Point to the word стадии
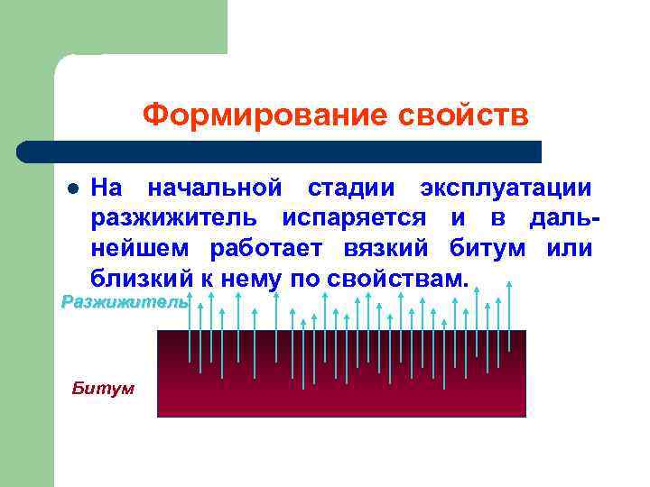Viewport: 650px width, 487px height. [x=349, y=188]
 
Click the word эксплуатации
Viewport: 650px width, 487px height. [x=506, y=188]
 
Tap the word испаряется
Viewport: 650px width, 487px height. [x=353, y=218]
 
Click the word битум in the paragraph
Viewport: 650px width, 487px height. [x=487, y=248]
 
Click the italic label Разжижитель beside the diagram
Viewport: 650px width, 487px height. [x=125, y=302]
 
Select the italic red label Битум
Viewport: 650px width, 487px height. [x=103, y=389]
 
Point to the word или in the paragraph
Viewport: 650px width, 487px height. [x=570, y=248]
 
